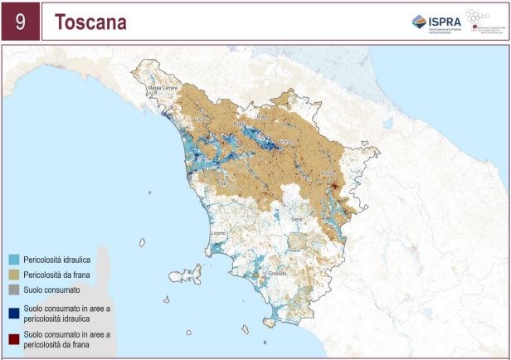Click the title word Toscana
[90, 22]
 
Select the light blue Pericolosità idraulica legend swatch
[14, 260]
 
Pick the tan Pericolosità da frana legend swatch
[14, 275]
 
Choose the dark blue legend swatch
[14, 309]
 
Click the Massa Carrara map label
[164, 86]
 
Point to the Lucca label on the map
[199, 119]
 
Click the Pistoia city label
[241, 124]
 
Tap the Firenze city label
[285, 142]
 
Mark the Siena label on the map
[296, 218]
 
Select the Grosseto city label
[278, 274]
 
